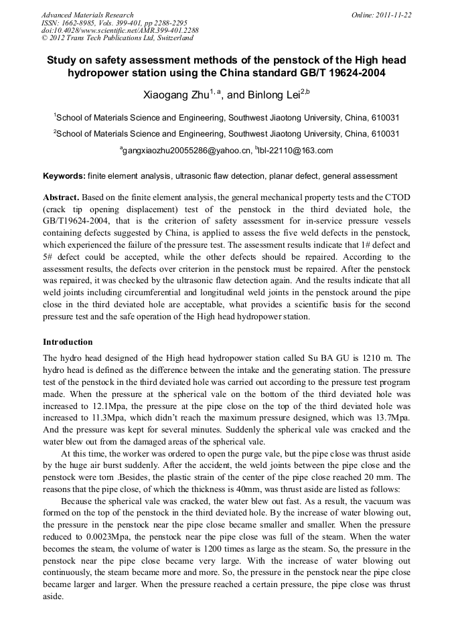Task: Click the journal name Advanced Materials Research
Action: click(x=87, y=15)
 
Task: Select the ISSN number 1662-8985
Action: click(x=78, y=23)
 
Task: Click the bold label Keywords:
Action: click(x=64, y=176)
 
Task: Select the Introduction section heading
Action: click(x=68, y=341)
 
